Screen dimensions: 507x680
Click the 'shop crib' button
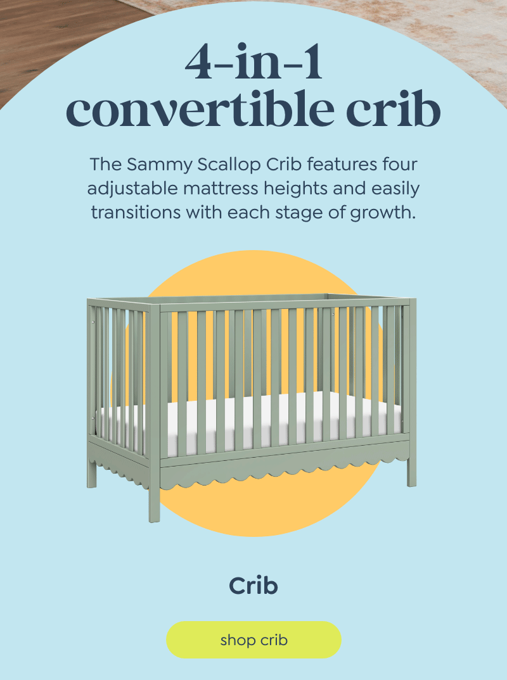click(253, 639)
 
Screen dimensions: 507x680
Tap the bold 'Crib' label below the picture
click(253, 586)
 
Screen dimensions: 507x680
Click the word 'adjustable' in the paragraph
click(132, 189)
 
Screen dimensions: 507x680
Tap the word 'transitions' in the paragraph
click(136, 213)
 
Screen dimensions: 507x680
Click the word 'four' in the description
click(400, 165)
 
